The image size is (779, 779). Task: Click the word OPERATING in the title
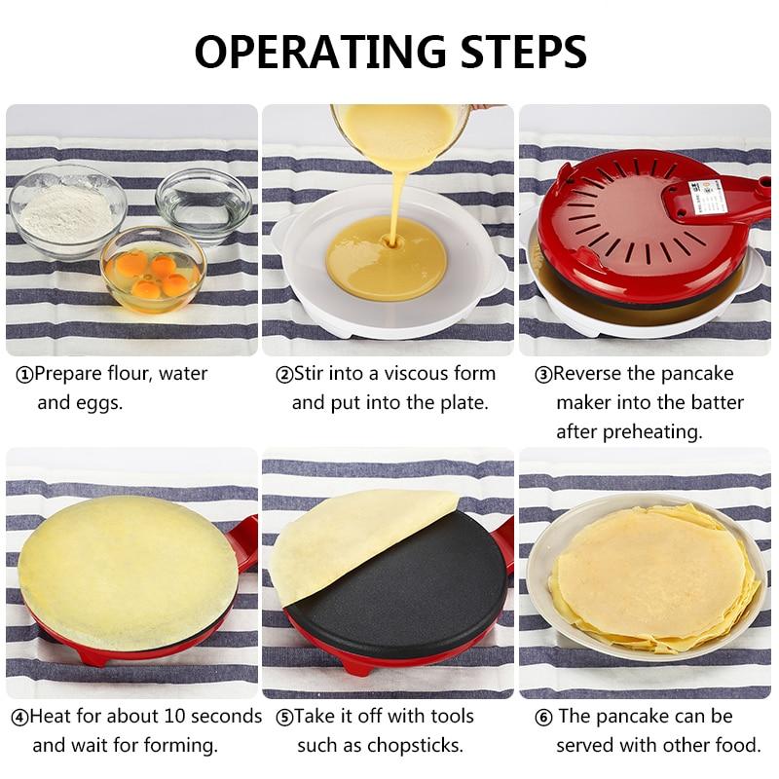tap(320, 52)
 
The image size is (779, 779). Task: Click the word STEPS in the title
tap(524, 52)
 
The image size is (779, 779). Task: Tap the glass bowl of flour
tap(68, 212)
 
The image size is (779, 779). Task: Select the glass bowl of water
tap(204, 204)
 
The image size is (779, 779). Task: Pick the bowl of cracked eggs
tap(154, 270)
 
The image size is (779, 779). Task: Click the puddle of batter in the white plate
tap(386, 258)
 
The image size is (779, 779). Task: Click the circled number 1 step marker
tap(24, 375)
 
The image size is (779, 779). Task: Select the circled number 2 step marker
tap(284, 375)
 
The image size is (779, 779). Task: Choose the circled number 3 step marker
tap(543, 375)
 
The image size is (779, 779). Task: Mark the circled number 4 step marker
tap(19, 718)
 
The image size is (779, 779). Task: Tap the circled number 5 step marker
tap(284, 718)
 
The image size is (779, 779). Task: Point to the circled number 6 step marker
tap(543, 718)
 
